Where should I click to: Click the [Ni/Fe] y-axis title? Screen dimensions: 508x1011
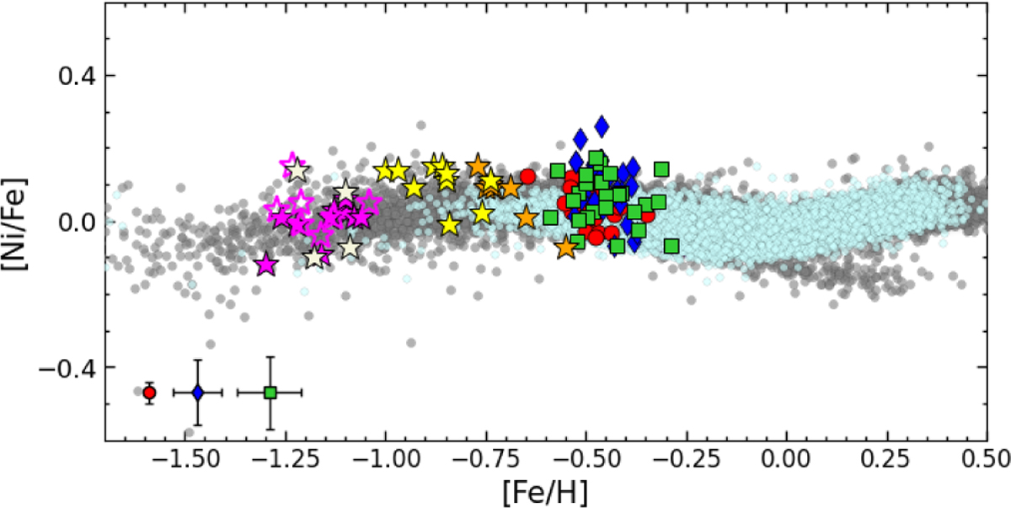[19, 222]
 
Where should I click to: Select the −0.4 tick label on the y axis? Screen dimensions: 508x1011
[67, 369]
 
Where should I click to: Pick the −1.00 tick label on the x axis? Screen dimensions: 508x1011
[386, 461]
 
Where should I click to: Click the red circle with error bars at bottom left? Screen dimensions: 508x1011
[149, 393]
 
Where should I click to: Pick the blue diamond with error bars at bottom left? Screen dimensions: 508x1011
[198, 393]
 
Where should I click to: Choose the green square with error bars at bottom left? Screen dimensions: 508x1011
[270, 393]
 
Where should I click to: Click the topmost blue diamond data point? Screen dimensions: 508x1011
[602, 126]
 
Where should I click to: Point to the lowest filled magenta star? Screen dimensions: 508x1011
[266, 265]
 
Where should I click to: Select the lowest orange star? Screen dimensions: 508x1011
[566, 248]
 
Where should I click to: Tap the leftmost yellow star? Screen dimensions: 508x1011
[387, 170]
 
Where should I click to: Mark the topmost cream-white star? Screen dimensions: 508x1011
[297, 169]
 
